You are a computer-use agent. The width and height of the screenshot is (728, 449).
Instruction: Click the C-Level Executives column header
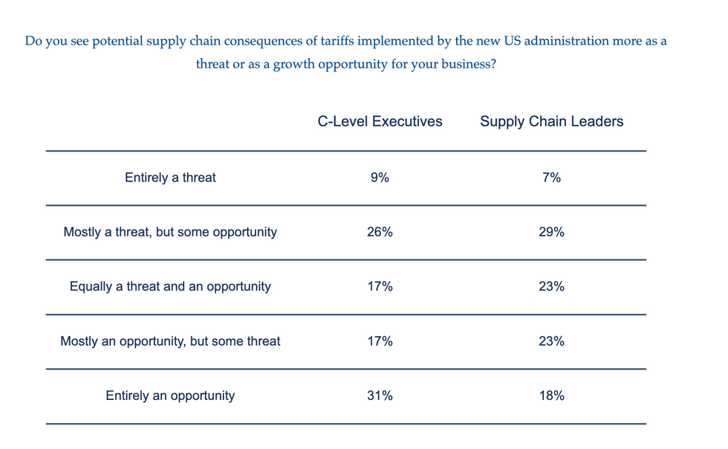(x=380, y=121)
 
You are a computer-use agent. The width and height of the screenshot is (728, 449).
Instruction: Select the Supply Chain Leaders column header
(x=551, y=121)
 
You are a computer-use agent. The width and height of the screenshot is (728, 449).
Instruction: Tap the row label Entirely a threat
(x=170, y=178)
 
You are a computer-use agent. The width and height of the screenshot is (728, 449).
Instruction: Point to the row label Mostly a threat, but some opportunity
(x=170, y=232)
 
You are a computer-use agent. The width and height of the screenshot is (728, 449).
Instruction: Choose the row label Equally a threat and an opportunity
(x=170, y=286)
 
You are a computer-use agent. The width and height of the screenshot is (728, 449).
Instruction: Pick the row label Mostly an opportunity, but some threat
(x=170, y=341)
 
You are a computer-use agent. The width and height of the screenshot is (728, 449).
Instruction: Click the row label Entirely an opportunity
(x=170, y=395)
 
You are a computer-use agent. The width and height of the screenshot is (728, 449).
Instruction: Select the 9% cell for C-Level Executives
(x=380, y=178)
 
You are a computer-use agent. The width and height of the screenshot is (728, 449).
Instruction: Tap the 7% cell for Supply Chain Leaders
(x=551, y=178)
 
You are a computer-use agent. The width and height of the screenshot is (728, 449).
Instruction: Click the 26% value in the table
(x=380, y=232)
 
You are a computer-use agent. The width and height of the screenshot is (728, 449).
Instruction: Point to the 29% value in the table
(x=551, y=232)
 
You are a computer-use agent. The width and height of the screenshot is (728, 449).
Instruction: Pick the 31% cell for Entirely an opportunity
(x=380, y=395)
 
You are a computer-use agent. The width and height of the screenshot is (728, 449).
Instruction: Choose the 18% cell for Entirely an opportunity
(x=551, y=395)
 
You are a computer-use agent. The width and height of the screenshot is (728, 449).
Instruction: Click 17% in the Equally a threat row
(x=380, y=286)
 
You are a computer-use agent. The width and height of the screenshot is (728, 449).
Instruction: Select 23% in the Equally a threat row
(x=551, y=286)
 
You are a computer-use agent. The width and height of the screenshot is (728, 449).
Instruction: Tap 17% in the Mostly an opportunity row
(x=380, y=341)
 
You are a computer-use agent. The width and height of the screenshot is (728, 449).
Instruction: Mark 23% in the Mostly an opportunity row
(x=551, y=341)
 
